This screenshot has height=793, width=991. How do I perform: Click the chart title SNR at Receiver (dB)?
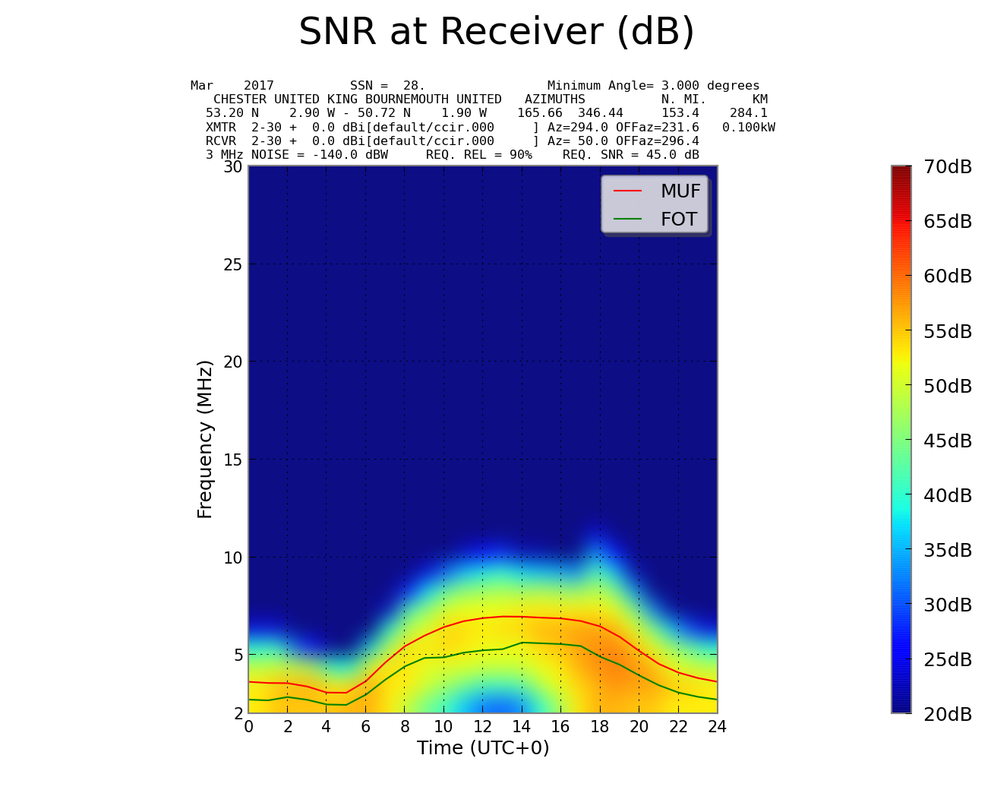[497, 33]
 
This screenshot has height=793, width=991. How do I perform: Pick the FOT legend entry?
[678, 220]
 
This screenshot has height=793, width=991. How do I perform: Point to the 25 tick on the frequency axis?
[232, 264]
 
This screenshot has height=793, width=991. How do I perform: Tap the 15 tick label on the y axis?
[232, 460]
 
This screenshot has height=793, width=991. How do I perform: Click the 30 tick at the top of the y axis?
[232, 166]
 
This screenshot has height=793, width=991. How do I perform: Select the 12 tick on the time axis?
[482, 727]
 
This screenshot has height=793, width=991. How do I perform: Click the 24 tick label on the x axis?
[717, 727]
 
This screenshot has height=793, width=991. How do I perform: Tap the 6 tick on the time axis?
[365, 727]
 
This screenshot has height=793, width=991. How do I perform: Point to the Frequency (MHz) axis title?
[205, 439]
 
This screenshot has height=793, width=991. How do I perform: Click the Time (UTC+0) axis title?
[483, 748]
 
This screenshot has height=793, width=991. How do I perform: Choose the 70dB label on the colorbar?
[948, 167]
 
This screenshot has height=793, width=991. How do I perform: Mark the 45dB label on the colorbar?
[948, 441]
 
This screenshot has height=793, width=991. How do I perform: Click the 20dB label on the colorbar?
[948, 714]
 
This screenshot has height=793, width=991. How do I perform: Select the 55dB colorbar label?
[948, 331]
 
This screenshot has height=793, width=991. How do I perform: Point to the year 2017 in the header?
[259, 86]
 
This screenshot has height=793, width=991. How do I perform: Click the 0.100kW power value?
[749, 127]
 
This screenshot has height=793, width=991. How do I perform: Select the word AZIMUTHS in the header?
[555, 100]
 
